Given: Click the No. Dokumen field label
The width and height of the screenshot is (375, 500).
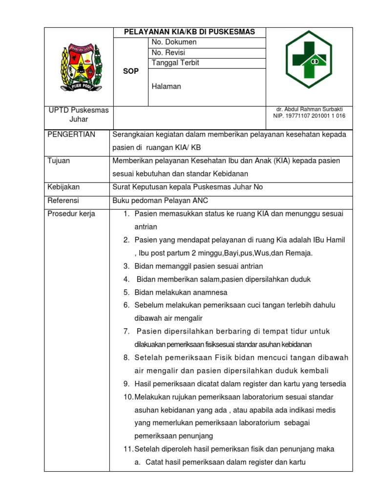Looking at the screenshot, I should point(174,42).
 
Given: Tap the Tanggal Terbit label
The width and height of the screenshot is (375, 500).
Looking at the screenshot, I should point(175,63).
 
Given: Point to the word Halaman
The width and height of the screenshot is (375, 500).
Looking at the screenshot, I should point(167,86).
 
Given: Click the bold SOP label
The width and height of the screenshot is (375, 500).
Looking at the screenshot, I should point(131,71).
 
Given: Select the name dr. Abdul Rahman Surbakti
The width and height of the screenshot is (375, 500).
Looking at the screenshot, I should point(309,109).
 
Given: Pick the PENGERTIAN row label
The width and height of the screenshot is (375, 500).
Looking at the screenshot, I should point(71,135).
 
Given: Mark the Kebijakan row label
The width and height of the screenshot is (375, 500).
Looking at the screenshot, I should point(63,187).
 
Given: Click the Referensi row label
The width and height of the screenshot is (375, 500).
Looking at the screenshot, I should point(63,201).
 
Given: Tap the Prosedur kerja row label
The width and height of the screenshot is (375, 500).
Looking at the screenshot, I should point(71,214).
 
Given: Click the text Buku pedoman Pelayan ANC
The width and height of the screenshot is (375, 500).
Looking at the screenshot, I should point(161,201).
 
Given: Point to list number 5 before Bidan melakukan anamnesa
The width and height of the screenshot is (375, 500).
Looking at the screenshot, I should point(126,292).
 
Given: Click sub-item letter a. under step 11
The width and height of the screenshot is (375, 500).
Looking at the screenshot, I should point(138,462).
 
